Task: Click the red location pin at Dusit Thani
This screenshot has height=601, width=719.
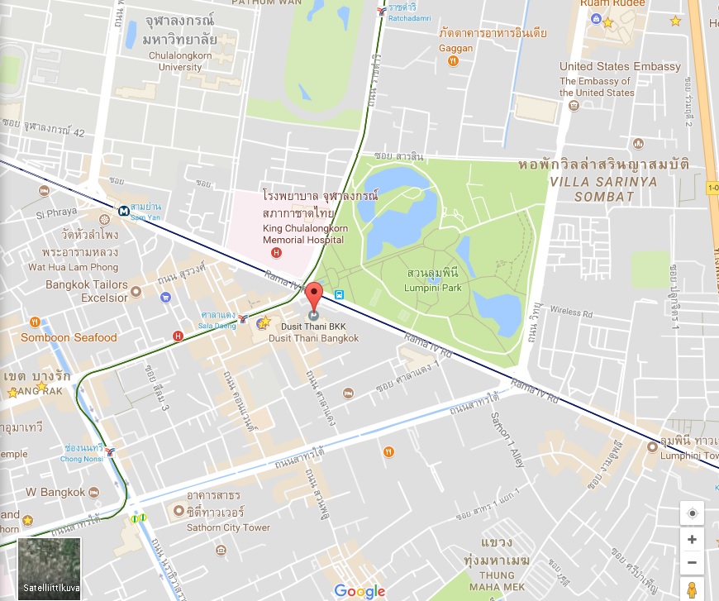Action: click(313, 296)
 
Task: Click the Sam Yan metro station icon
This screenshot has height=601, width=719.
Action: click(123, 210)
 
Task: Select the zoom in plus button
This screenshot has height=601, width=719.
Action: click(692, 540)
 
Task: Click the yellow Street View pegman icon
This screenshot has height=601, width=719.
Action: click(692, 589)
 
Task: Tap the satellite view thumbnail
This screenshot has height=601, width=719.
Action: click(50, 569)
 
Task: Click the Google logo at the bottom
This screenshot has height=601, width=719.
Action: click(359, 590)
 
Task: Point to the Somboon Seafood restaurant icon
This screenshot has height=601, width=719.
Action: click(34, 322)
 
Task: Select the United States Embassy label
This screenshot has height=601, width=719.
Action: click(620, 67)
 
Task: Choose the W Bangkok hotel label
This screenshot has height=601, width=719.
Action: click(55, 492)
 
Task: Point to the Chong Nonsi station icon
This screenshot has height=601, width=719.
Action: click(110, 451)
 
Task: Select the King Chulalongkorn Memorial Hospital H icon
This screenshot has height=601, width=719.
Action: click(276, 253)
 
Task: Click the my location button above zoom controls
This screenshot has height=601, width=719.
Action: click(692, 513)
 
